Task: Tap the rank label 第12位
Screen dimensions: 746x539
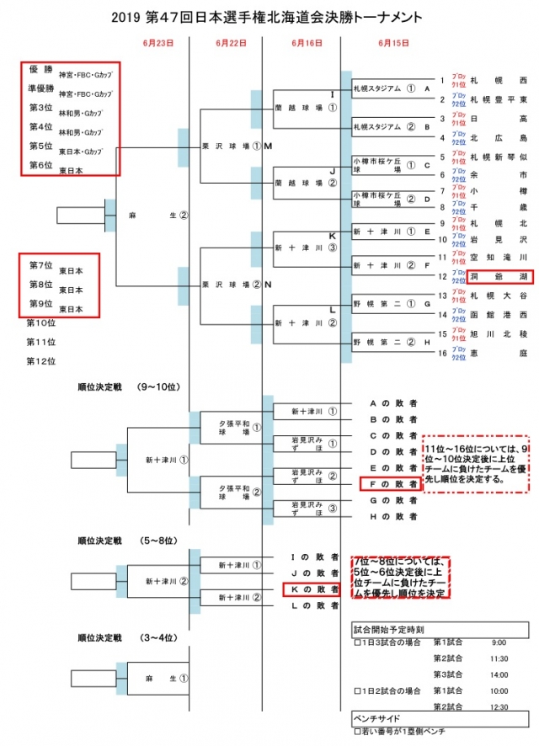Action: [x=41, y=361]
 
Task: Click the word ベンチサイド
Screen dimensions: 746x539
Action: [x=378, y=720]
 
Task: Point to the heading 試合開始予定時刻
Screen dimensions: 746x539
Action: [x=388, y=628]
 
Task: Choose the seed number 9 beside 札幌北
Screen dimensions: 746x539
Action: [x=441, y=223]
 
